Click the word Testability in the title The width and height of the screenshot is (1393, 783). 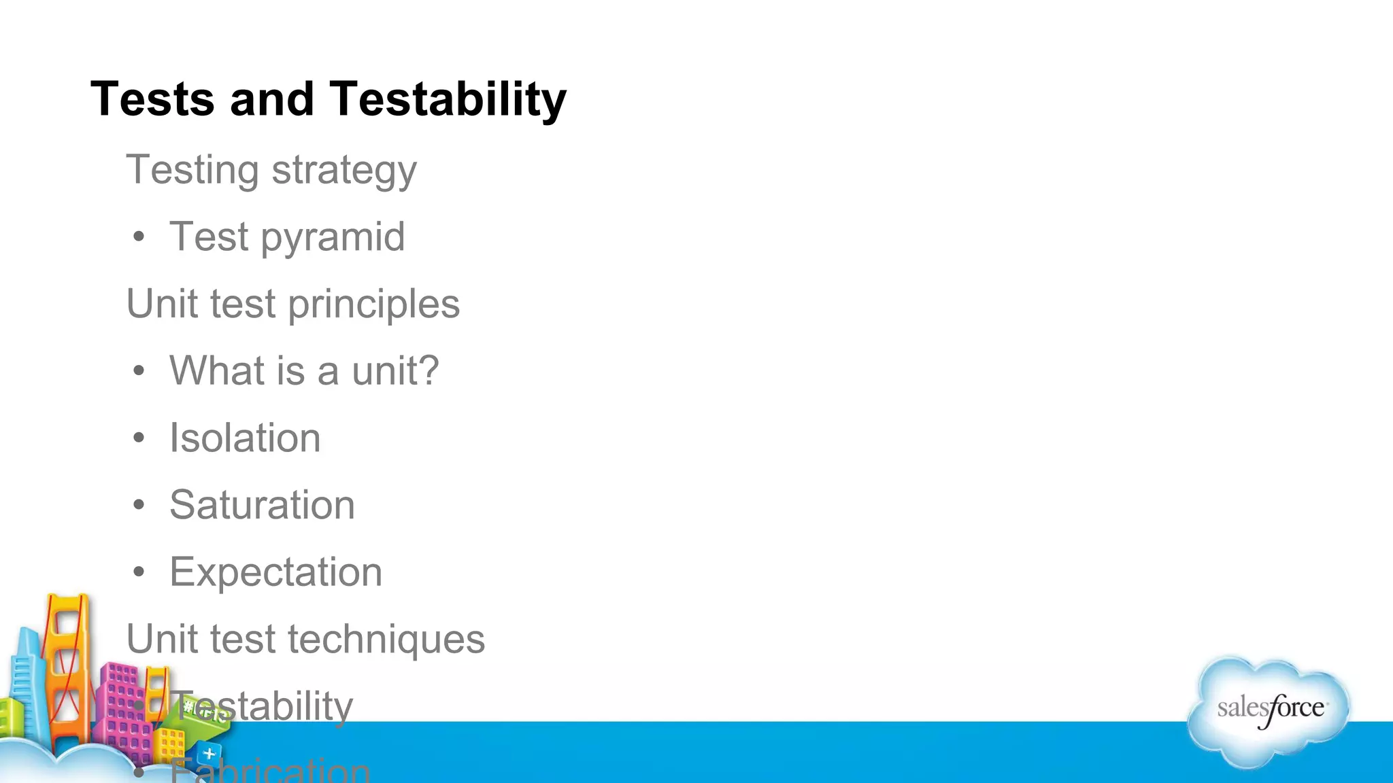pos(448,99)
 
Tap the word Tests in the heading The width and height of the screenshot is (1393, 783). pos(152,99)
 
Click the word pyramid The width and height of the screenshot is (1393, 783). pos(333,237)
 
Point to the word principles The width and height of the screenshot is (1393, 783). pos(373,304)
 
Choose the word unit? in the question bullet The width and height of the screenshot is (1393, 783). pos(395,371)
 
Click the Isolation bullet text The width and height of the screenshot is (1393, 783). pos(245,438)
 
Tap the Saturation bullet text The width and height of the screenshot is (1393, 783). pos(262,505)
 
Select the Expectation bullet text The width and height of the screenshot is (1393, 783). pos(275,572)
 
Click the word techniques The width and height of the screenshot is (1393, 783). pos(386,640)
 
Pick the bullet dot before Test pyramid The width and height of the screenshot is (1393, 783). pos(139,237)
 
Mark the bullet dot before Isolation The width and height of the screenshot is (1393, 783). pos(139,438)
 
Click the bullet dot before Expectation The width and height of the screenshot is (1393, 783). pos(139,572)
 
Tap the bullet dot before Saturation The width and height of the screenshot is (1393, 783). pos(139,505)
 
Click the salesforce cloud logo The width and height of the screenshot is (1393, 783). pos(1269,710)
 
